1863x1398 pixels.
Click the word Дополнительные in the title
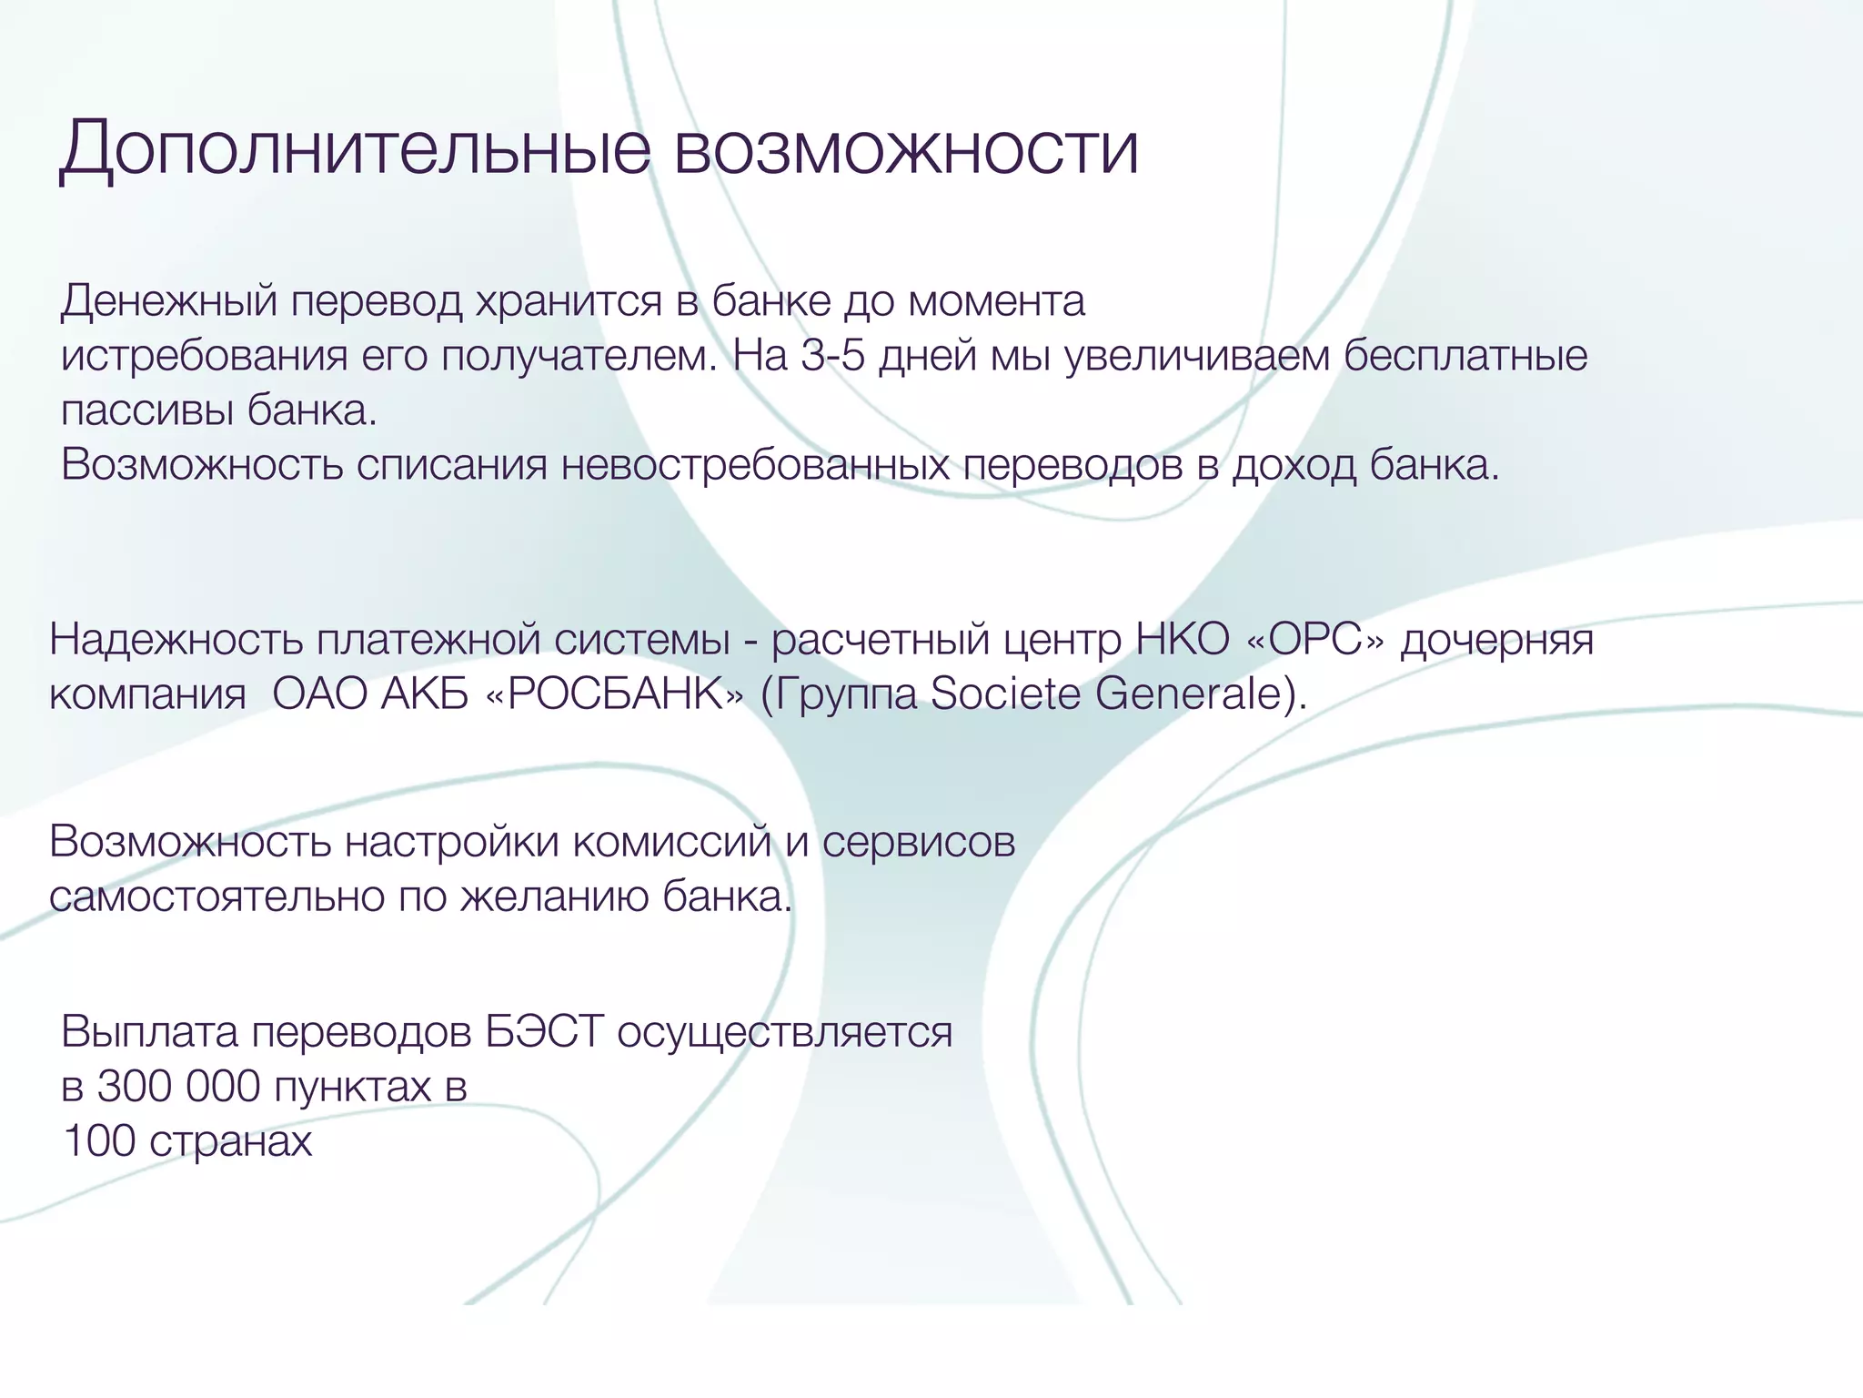point(355,149)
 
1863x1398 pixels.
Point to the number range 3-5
point(832,356)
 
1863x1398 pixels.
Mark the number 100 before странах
point(98,1141)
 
